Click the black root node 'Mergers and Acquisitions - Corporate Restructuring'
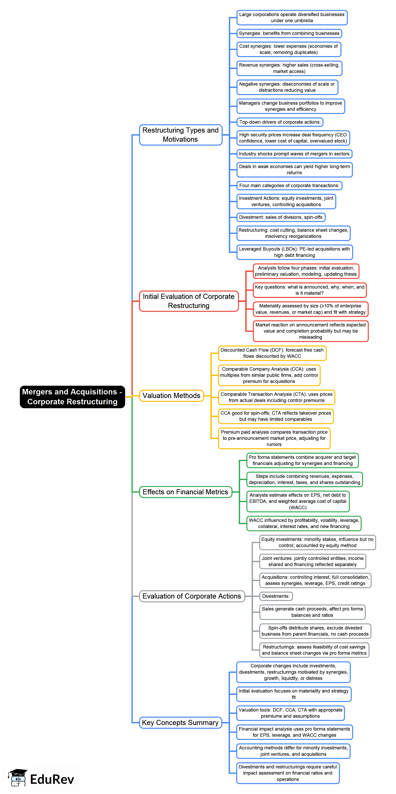point(72,396)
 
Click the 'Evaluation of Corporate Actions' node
point(192,596)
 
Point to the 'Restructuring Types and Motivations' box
point(180,135)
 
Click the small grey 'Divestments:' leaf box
point(276,596)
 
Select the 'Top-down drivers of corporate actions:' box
point(280,122)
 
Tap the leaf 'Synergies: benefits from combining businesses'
point(289,33)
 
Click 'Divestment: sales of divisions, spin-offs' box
point(281,217)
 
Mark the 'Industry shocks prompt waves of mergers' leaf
point(294,154)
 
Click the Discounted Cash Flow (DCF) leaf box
point(272,353)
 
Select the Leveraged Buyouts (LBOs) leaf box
point(294,252)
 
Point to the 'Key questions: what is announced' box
point(309,290)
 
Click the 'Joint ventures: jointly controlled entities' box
point(313,561)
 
